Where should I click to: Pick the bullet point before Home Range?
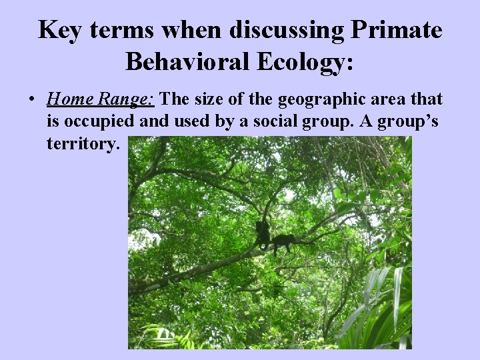31,101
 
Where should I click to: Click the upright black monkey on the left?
263,234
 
